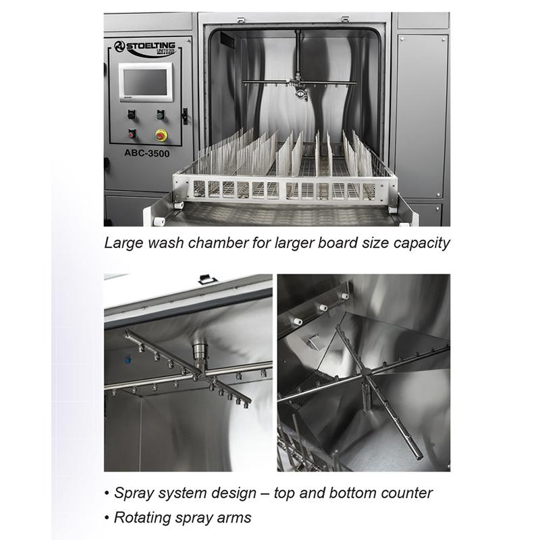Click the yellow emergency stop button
click(x=161, y=134)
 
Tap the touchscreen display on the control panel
click(x=144, y=84)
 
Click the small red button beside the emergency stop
click(x=132, y=133)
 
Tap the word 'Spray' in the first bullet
click(x=133, y=493)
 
